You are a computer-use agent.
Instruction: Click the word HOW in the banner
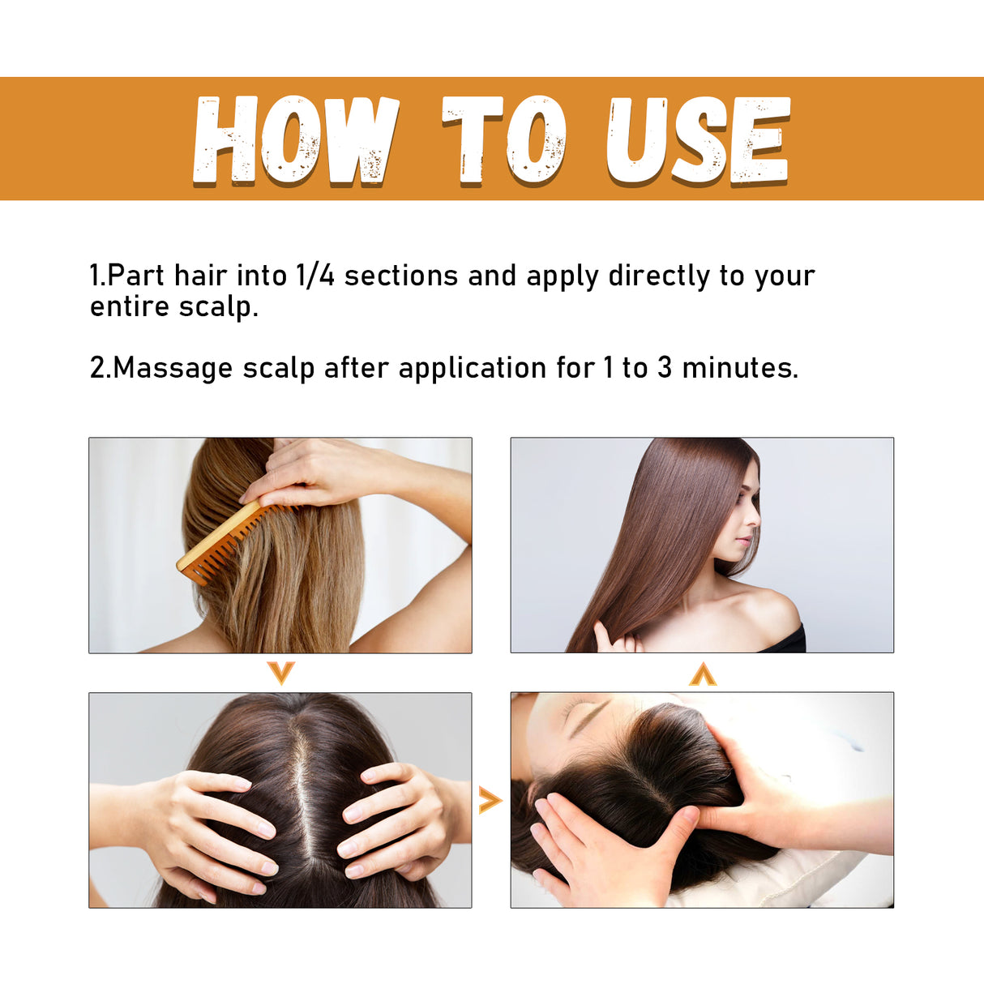[295, 139]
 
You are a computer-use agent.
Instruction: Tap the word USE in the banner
[698, 139]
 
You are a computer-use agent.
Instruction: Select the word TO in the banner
[503, 139]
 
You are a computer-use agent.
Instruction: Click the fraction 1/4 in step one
[315, 276]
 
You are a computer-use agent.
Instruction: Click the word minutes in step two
[739, 368]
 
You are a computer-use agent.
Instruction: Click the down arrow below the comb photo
[280, 672]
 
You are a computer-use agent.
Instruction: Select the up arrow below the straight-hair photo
[703, 674]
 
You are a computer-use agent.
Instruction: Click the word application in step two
[472, 368]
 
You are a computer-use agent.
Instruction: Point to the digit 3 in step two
[665, 368]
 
